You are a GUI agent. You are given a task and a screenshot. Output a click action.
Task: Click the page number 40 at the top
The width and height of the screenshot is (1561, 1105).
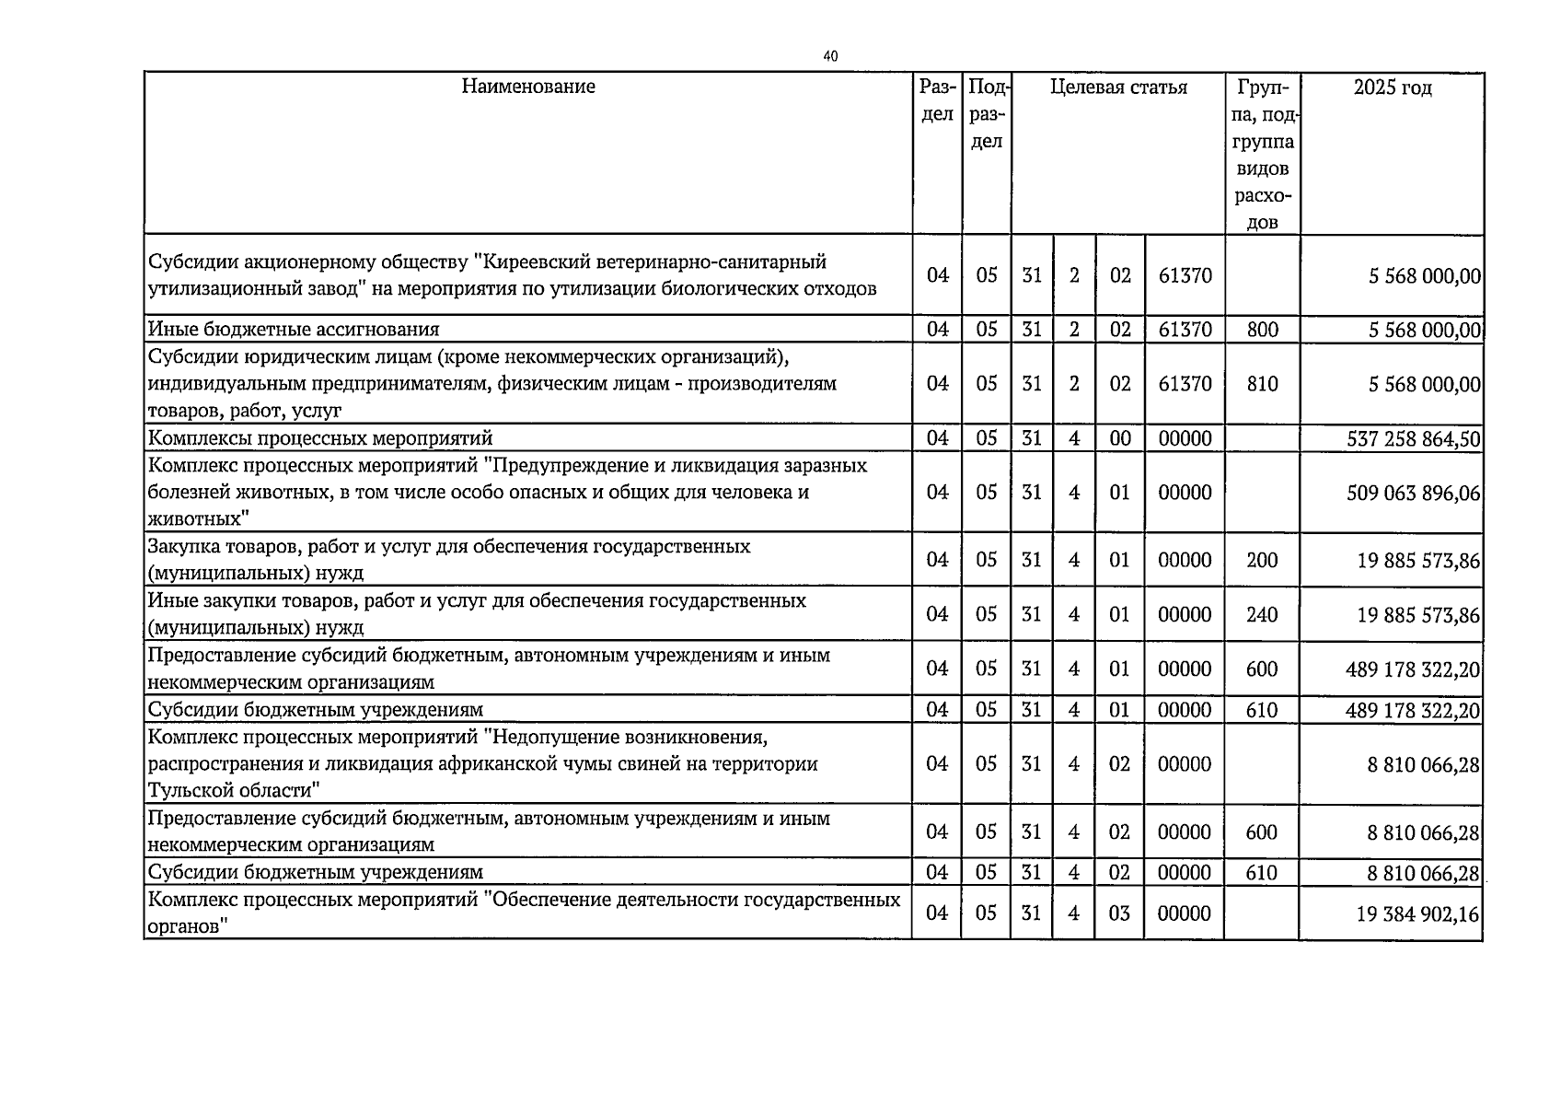point(830,56)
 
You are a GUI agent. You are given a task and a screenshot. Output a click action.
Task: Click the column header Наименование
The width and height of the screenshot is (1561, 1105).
point(528,87)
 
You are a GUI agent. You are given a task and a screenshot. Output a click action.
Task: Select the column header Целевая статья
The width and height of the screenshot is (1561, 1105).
point(1118,87)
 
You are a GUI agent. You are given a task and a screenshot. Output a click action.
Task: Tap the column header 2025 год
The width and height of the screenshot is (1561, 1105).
point(1393,87)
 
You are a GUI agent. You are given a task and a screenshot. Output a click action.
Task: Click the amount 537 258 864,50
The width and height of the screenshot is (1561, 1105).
point(1413,438)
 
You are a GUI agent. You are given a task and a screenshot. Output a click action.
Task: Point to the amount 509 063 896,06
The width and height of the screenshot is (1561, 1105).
point(1413,493)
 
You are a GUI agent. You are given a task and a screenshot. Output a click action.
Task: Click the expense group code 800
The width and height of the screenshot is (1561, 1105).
point(1262,330)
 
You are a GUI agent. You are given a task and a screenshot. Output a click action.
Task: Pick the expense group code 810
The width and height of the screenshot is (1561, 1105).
point(1262,384)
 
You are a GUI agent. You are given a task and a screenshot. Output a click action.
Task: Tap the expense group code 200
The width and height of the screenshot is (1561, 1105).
point(1262,560)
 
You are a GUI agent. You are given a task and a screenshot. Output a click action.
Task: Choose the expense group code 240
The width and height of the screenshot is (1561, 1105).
point(1262,614)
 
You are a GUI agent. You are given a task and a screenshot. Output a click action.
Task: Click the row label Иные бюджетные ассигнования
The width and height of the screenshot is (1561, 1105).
point(295,330)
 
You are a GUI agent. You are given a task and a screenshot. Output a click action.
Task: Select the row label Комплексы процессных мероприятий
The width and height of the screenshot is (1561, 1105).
point(320,438)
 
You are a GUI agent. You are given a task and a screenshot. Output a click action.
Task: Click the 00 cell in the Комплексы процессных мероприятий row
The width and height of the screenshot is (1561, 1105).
point(1119,438)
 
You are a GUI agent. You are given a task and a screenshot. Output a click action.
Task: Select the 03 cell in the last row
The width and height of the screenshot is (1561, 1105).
point(1119,913)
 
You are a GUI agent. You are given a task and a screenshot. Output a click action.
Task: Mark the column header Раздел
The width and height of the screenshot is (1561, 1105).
point(937,100)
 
